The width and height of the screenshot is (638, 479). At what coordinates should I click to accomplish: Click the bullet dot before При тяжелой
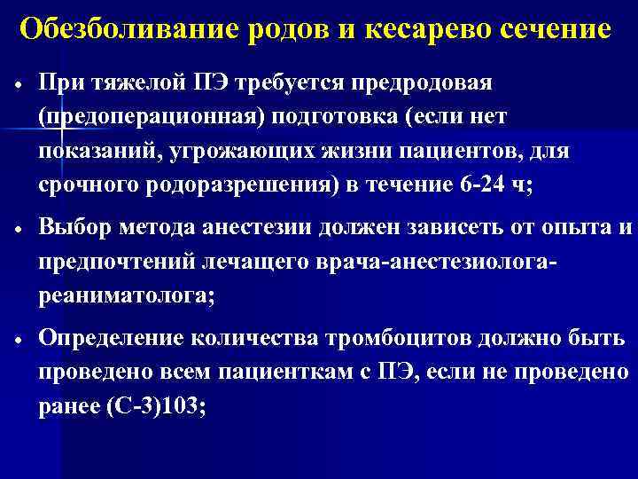(x=17, y=86)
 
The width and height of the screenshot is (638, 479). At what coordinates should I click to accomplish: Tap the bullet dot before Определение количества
(x=17, y=342)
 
